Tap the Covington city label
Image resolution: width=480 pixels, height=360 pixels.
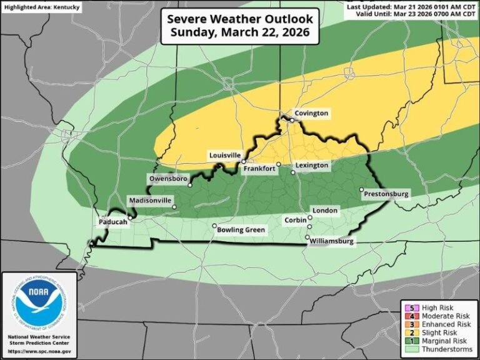(x=311, y=114)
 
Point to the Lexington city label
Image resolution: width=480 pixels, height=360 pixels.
(x=312, y=165)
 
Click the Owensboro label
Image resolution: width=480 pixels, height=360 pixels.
(x=168, y=179)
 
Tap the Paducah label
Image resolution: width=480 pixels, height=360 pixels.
(x=113, y=222)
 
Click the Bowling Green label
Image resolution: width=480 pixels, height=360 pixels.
(x=241, y=230)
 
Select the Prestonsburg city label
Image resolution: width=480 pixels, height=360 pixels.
(x=386, y=194)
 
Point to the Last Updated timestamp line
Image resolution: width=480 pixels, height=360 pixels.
(x=412, y=6)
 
